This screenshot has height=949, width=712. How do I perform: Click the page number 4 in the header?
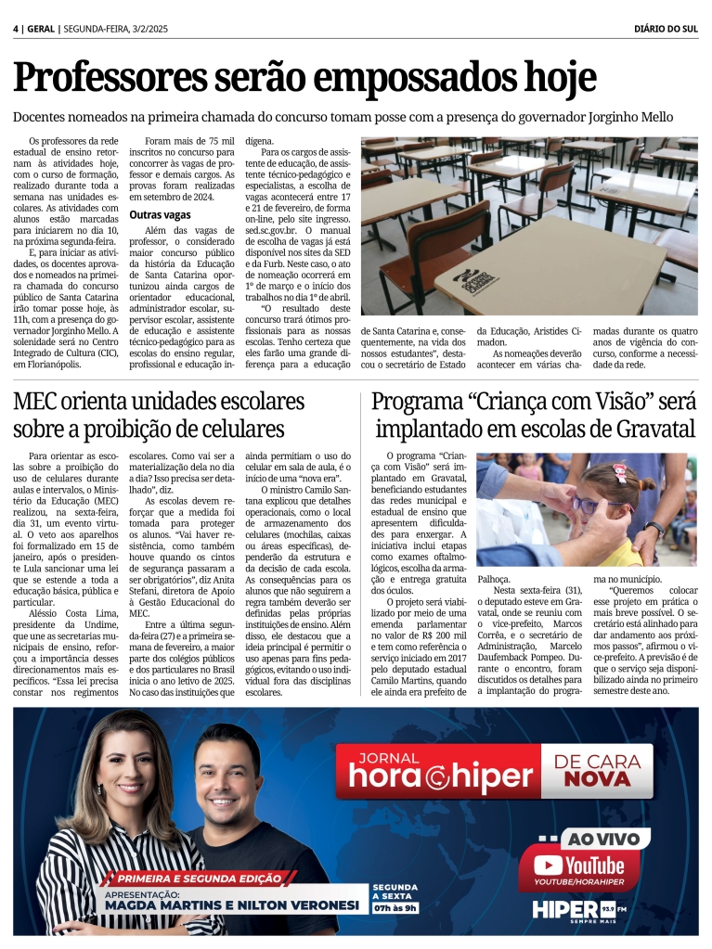click(16, 29)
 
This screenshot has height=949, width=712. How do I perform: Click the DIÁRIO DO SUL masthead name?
click(666, 29)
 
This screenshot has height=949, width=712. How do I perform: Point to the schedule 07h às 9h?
click(395, 906)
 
